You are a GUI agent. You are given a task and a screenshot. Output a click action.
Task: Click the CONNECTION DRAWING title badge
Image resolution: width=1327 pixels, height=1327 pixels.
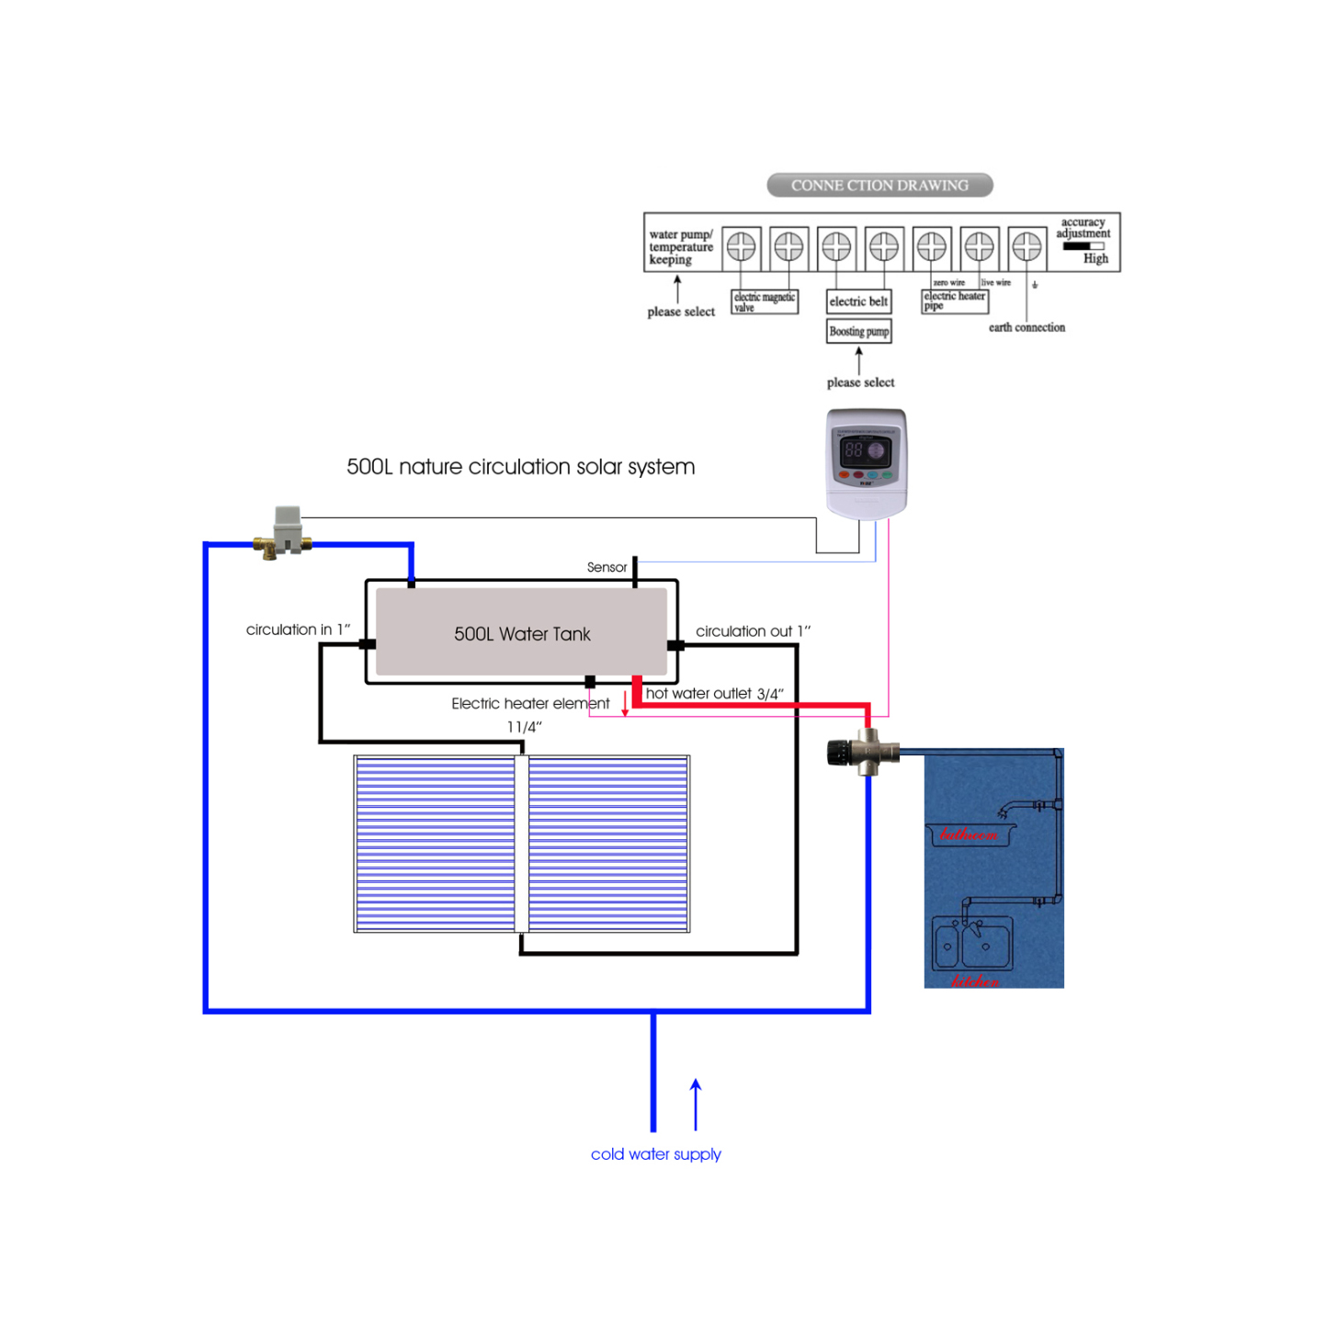click(x=879, y=186)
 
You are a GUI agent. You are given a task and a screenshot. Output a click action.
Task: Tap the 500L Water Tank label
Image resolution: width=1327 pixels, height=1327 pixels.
click(x=522, y=634)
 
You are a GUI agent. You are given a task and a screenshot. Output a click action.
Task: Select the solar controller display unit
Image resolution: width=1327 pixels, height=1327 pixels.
click(x=866, y=463)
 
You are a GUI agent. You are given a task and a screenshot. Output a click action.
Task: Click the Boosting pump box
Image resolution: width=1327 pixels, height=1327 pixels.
click(x=859, y=332)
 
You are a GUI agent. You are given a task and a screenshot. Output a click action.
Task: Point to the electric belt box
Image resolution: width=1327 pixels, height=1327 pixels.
click(x=858, y=301)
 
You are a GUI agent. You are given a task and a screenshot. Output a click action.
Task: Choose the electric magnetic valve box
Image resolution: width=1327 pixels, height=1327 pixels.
click(x=765, y=301)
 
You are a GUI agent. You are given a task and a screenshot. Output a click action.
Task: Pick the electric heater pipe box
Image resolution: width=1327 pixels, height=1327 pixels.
click(x=955, y=301)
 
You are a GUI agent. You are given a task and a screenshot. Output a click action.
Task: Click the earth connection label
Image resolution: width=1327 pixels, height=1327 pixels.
click(x=1026, y=328)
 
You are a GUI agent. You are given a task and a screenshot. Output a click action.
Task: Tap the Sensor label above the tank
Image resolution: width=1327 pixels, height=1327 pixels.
click(x=607, y=568)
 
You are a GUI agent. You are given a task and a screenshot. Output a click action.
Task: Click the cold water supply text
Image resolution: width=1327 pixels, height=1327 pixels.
click(x=655, y=1154)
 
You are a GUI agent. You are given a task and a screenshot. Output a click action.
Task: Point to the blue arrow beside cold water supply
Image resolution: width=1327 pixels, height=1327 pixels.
click(x=696, y=1105)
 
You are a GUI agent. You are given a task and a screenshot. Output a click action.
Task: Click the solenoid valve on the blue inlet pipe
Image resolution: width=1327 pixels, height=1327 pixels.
click(x=285, y=533)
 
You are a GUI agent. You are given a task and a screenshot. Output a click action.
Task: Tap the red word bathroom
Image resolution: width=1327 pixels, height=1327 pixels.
click(x=969, y=834)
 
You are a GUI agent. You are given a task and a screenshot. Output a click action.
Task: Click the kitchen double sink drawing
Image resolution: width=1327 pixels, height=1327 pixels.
click(x=972, y=943)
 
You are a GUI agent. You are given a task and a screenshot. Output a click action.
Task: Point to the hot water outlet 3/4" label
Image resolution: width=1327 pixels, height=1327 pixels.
click(x=714, y=694)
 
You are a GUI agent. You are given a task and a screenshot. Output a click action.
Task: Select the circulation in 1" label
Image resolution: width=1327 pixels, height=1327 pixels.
click(x=298, y=629)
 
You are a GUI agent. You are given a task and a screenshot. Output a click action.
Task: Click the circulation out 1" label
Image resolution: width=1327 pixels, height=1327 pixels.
click(x=753, y=631)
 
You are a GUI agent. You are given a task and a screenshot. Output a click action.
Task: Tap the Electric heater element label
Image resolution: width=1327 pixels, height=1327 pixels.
click(x=530, y=704)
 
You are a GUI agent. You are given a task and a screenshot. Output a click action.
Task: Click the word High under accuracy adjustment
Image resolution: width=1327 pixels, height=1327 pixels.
click(x=1095, y=259)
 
